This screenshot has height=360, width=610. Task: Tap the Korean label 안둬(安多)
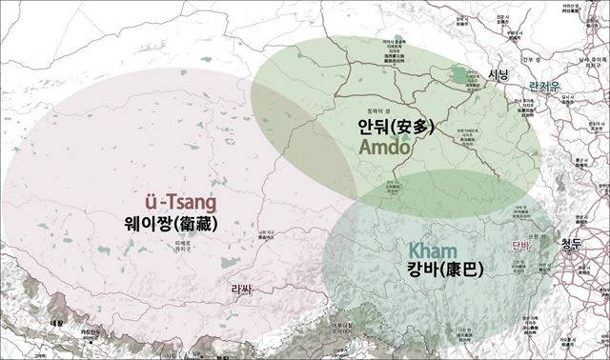(x=392, y=126)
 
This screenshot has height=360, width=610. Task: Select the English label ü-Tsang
(x=180, y=202)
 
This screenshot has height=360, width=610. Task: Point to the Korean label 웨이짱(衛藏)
(x=178, y=226)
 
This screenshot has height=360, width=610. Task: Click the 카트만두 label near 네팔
(x=91, y=333)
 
